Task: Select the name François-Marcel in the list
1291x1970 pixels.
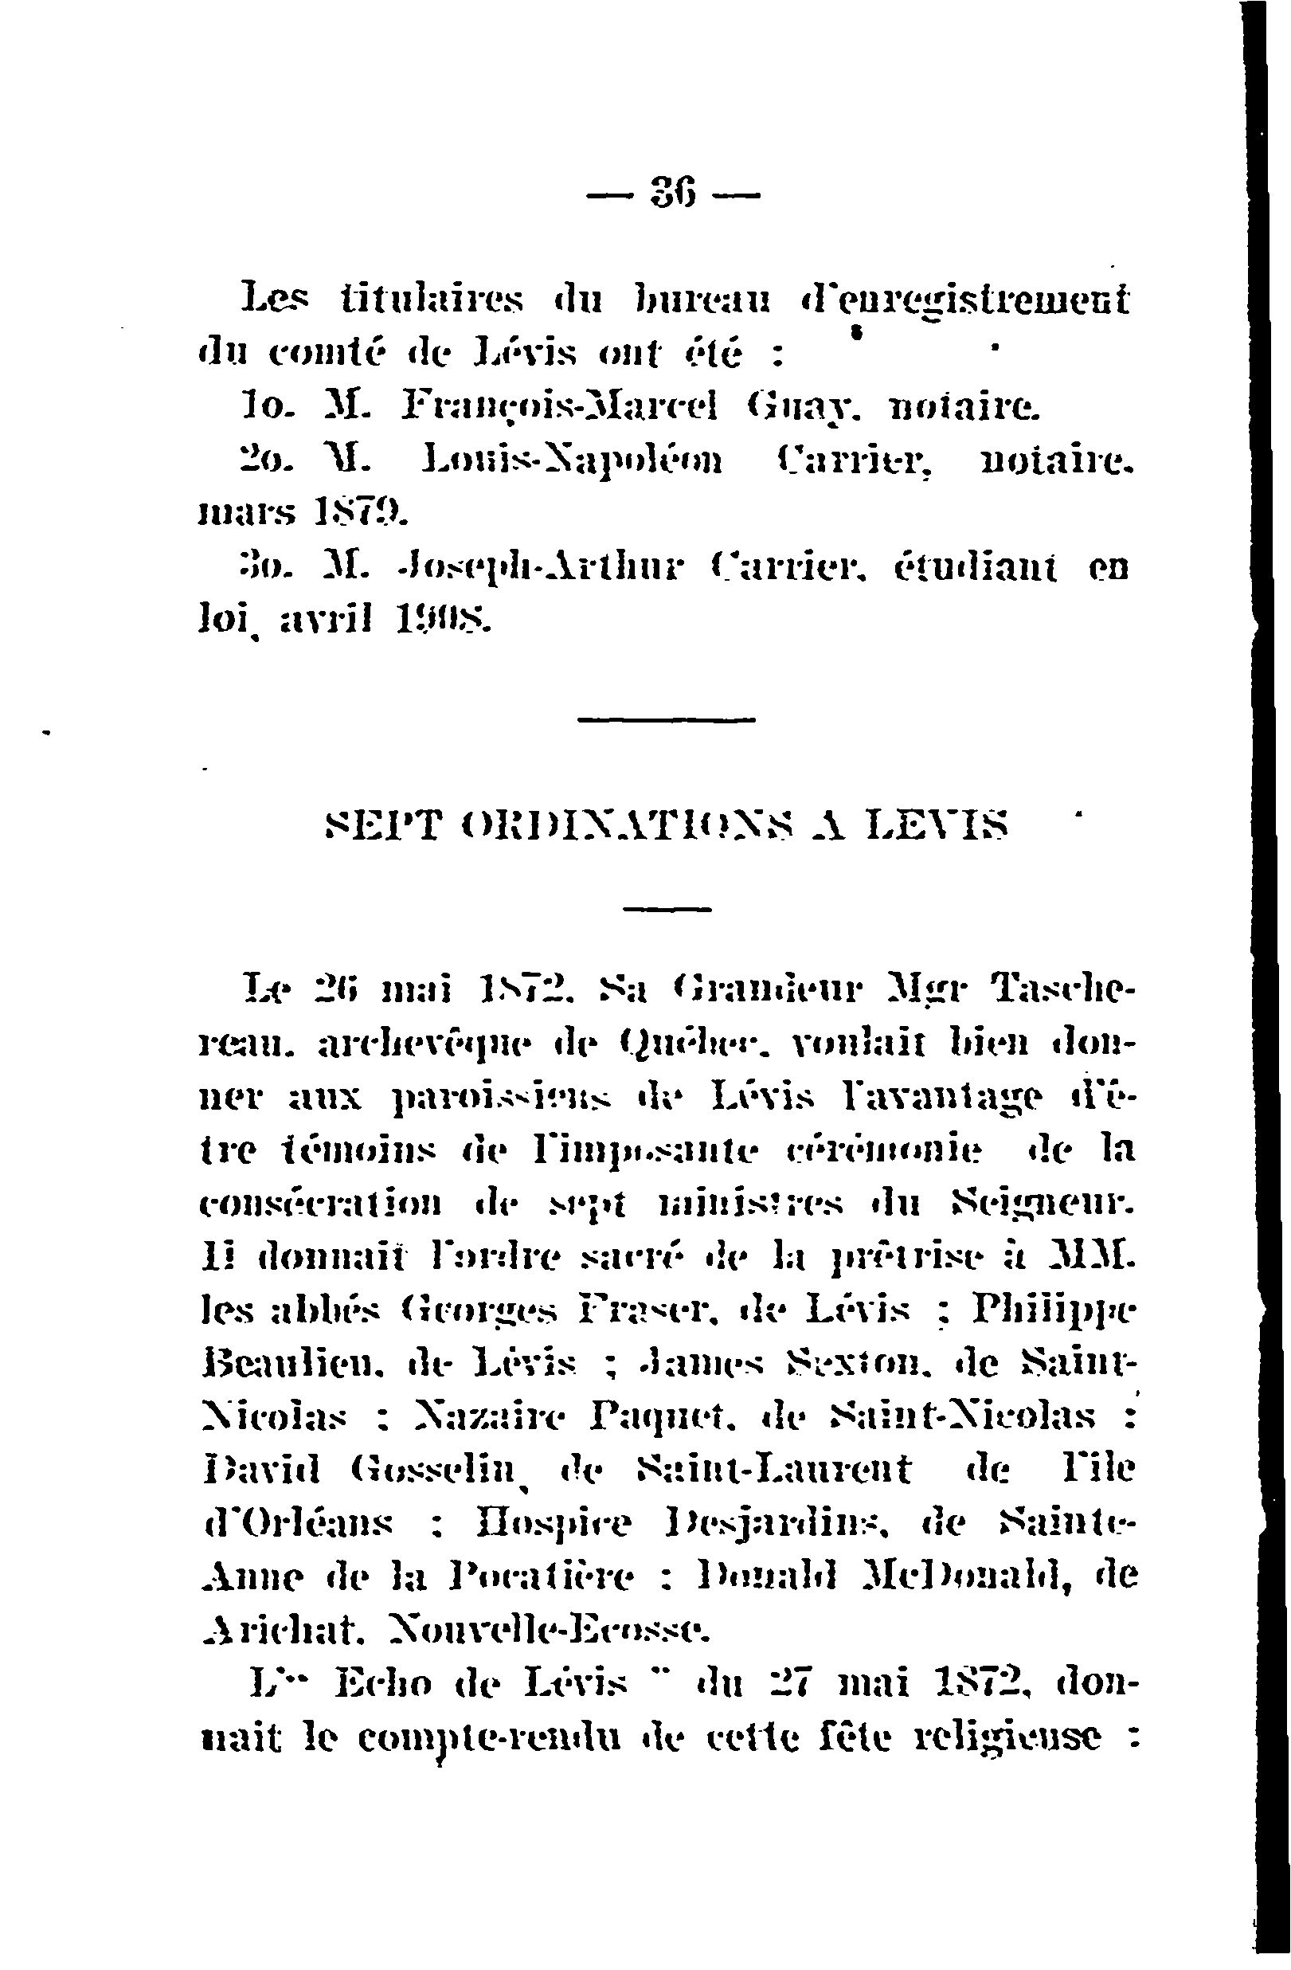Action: [x=559, y=408]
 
